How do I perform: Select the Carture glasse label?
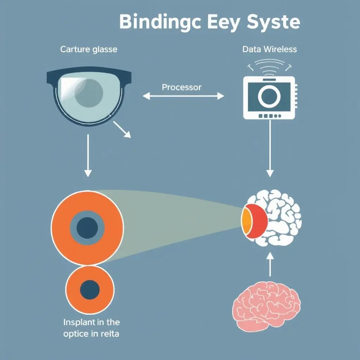(89, 49)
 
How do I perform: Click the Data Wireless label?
(270, 49)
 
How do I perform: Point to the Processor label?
(182, 87)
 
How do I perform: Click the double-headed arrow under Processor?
(183, 96)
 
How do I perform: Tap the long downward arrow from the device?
(270, 148)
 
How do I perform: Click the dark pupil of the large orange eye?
(87, 228)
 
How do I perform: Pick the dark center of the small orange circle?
(90, 289)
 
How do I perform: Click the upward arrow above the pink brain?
(270, 265)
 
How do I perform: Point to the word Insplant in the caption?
(80, 322)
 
